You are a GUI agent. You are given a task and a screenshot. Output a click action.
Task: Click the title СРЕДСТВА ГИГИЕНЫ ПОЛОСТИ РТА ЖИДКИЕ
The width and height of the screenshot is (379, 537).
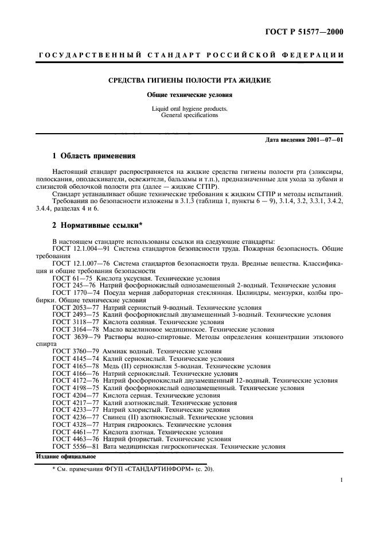point(190,80)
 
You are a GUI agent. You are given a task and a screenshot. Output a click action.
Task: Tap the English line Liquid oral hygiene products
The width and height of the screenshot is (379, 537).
point(190,108)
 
